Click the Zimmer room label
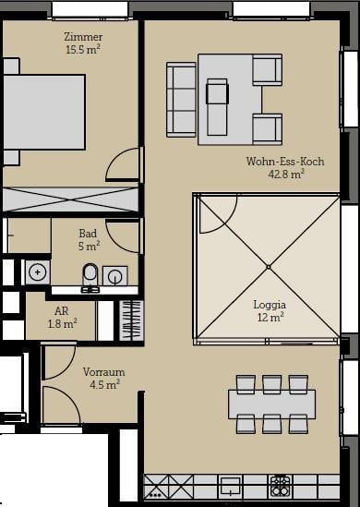coord(83,37)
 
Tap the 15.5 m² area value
coord(83,50)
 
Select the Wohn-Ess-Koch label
coord(285,162)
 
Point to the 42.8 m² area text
coord(286,175)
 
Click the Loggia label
coord(270,305)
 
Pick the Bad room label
coord(88,233)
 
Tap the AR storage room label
coord(62,310)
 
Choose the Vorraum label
coord(103,372)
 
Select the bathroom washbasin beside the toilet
coord(114,276)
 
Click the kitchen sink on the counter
coord(231,487)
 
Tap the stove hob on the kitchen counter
coord(280,487)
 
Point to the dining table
coord(271,404)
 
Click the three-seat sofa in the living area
coord(181,100)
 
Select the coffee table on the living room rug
coord(217,107)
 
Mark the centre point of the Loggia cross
coord(269,267)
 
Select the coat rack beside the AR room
coord(131,320)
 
